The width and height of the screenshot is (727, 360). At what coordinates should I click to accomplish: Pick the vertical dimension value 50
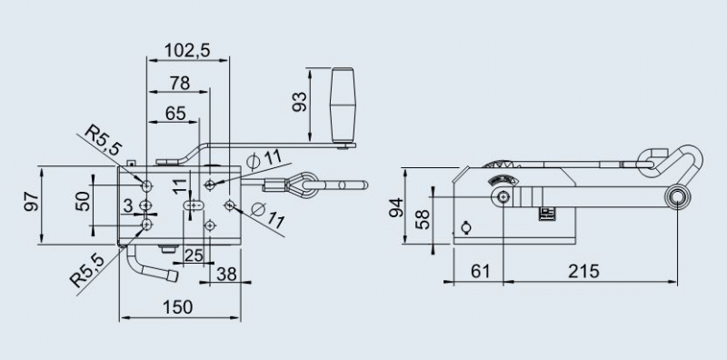83,201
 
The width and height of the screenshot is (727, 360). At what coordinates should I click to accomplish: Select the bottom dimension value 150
180,306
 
